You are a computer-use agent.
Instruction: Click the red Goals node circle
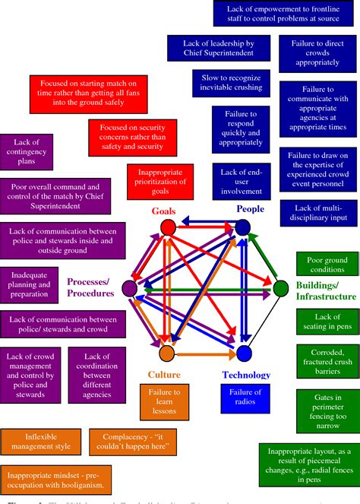coord(169,227)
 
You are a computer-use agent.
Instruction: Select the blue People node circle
coord(242,227)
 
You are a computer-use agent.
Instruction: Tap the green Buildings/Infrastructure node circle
coord(280,287)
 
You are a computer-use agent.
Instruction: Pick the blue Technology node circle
coord(244,353)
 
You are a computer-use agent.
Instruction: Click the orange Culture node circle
coord(167,353)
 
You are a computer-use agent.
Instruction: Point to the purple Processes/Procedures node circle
coord(129,288)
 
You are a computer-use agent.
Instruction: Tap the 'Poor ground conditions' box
coord(326,265)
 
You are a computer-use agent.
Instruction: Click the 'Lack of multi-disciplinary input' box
coord(319,214)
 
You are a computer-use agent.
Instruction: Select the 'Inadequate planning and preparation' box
coord(30,284)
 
